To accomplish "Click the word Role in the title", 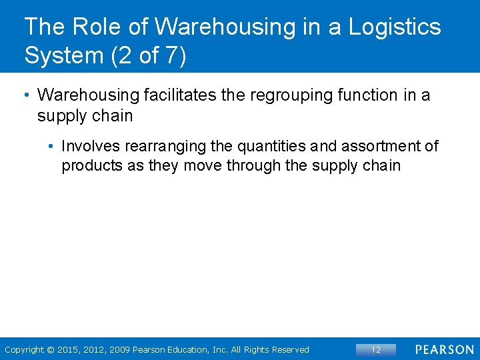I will click(x=90, y=27).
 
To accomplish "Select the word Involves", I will click(x=91, y=146).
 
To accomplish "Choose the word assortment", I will click(x=375, y=146).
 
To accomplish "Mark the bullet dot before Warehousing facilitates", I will click(x=26, y=95).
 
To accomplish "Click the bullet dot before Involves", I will click(x=51, y=146).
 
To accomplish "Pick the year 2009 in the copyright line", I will click(x=118, y=349).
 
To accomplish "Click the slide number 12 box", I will click(x=376, y=349).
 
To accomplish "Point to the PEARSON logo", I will click(x=443, y=349).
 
